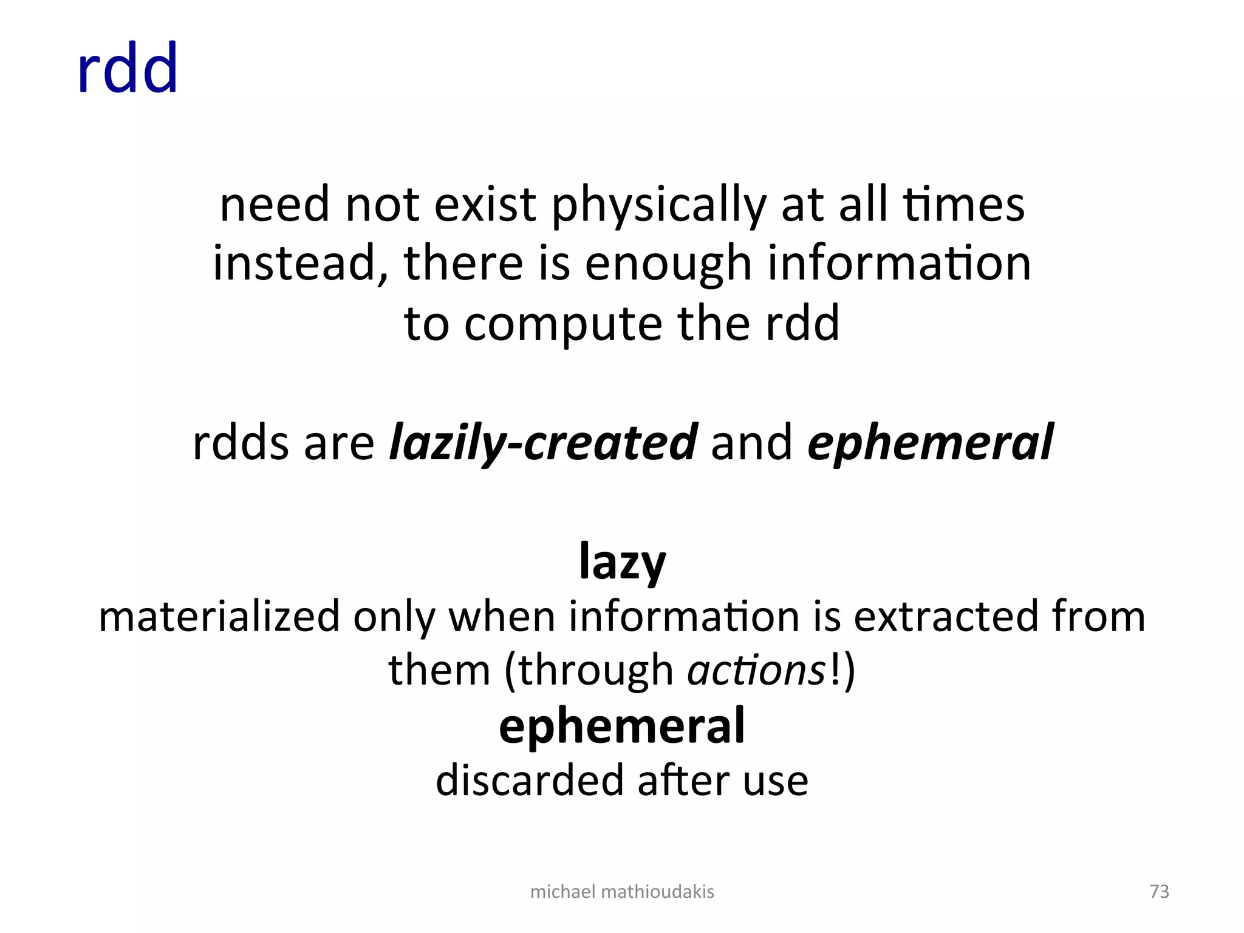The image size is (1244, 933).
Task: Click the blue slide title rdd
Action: (x=128, y=68)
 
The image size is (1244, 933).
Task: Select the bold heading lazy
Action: (x=623, y=562)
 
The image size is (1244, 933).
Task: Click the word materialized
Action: (x=219, y=617)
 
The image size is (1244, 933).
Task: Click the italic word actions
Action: (x=756, y=671)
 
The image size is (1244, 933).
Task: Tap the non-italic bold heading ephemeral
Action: (x=622, y=726)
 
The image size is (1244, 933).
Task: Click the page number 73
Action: (x=1159, y=891)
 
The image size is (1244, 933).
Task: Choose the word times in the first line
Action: (x=964, y=205)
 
